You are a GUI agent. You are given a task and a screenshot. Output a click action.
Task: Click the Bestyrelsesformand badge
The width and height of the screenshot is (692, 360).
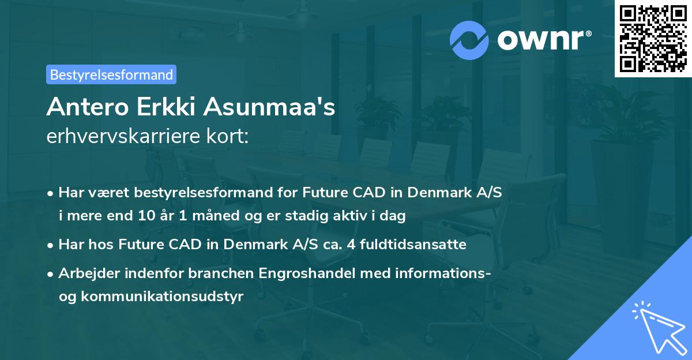point(111,74)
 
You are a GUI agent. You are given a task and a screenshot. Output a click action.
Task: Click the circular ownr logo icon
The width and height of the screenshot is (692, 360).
point(469,39)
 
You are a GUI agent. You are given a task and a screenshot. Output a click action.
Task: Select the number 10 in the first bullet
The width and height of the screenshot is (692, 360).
point(145,216)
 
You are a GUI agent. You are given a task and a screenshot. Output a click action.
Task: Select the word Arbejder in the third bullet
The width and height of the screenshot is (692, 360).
point(84,273)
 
